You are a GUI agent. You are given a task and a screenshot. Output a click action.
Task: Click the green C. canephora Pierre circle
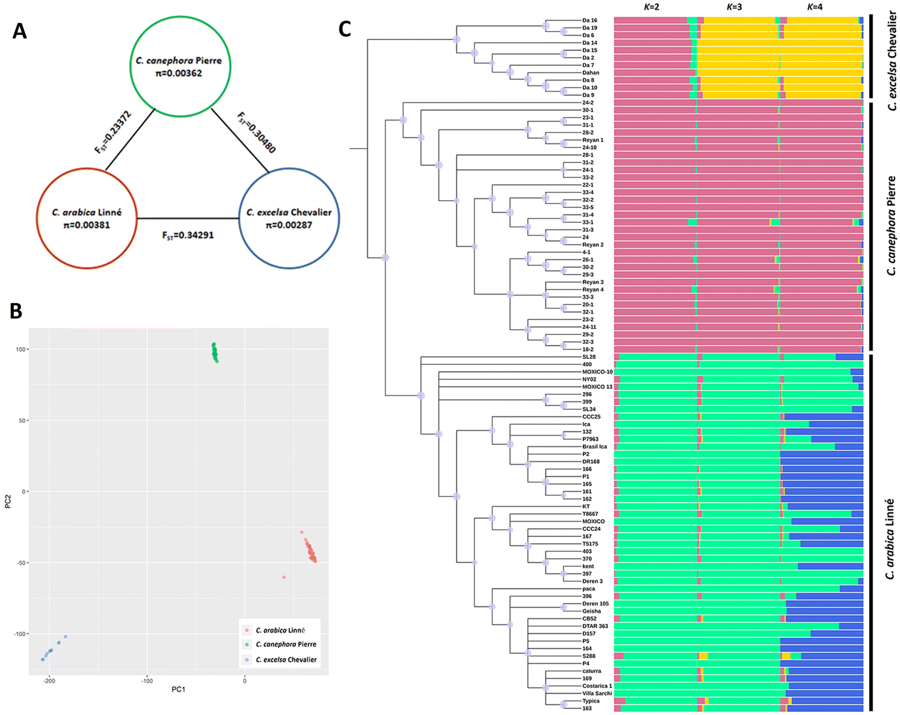[180, 67]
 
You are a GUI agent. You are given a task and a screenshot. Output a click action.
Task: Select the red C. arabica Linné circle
[86, 218]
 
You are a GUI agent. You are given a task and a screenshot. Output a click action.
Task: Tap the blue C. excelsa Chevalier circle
[289, 218]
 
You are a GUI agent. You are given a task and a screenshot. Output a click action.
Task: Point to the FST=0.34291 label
[188, 235]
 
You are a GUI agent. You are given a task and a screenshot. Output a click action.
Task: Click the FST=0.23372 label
[113, 132]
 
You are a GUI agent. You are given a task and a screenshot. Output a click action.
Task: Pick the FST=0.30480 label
[257, 132]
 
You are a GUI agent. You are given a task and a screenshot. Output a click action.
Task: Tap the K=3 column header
[734, 7]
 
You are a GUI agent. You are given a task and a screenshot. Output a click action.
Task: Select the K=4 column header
[815, 7]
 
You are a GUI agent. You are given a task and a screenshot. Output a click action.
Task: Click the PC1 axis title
[178, 689]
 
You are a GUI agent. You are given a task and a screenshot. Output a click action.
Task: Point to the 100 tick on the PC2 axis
[21, 349]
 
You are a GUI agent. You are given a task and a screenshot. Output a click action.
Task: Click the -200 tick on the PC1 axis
[49, 681]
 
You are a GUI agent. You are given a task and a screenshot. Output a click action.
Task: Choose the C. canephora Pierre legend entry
[286, 644]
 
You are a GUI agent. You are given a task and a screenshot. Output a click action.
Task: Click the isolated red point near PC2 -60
[284, 577]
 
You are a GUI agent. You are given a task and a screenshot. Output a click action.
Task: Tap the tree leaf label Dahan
[591, 73]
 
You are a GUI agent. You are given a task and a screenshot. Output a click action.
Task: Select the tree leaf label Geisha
[592, 611]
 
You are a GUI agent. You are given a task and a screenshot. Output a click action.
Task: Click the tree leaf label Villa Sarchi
[597, 693]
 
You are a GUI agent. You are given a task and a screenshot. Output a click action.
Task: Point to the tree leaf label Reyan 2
[593, 245]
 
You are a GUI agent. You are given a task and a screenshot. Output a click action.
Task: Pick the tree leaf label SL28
[589, 357]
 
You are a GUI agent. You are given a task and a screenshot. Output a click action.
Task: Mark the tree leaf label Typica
[591, 701]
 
